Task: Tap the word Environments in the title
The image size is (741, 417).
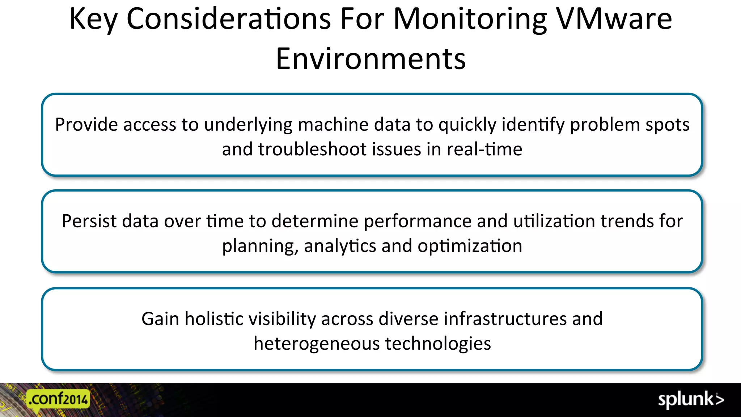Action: pyautogui.click(x=371, y=59)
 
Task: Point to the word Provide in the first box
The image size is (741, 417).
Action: pyautogui.click(x=86, y=125)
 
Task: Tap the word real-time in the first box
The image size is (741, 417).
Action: pyautogui.click(x=484, y=149)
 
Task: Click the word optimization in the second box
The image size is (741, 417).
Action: pyautogui.click(x=470, y=246)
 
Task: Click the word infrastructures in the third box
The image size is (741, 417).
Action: pyautogui.click(x=505, y=319)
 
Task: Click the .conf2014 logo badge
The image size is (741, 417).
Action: pyautogui.click(x=59, y=399)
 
